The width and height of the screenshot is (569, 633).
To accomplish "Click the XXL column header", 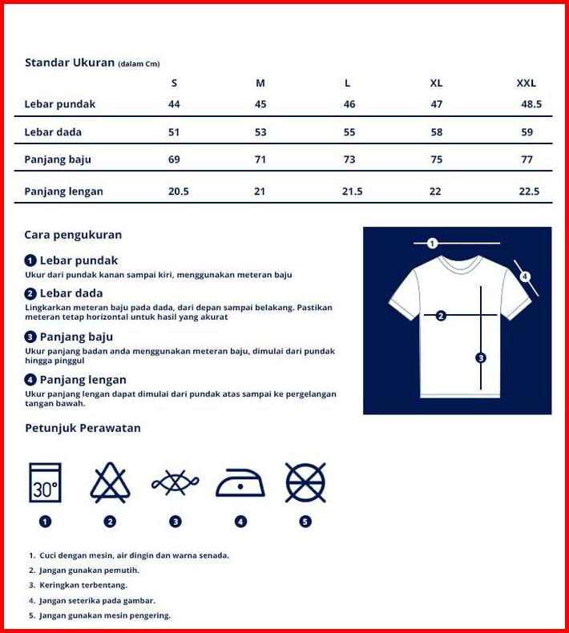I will [x=526, y=83].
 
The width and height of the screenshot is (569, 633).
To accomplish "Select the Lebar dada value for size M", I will [x=260, y=132].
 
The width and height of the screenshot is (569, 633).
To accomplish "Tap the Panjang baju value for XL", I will [x=436, y=159].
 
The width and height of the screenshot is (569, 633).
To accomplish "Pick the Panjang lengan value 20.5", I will [x=179, y=192].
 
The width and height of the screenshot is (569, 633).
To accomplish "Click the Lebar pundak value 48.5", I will [x=531, y=104].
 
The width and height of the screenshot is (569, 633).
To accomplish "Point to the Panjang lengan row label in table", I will [x=64, y=192].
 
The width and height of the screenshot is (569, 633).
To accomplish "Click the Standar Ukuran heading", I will [x=70, y=62].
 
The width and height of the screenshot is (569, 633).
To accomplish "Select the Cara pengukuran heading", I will [x=73, y=235].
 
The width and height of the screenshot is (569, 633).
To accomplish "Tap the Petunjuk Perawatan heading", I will [x=83, y=428].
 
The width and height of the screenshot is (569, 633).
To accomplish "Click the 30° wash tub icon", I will [x=45, y=482].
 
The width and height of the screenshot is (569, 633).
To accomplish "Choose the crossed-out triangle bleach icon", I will [x=110, y=482].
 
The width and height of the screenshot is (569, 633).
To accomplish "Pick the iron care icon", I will [x=240, y=482].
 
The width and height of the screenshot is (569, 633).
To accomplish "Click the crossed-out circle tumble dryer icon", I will [x=305, y=482].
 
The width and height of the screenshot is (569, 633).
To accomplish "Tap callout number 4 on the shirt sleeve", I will [x=524, y=277].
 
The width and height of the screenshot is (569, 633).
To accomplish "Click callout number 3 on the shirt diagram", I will [x=481, y=358].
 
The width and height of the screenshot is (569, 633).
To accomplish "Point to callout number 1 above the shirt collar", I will [x=432, y=243].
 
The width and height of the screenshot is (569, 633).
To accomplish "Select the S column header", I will [x=174, y=83].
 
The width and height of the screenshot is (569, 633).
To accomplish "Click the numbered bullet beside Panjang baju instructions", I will [x=30, y=337].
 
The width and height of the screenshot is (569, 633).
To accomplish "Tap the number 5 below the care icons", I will [x=305, y=522].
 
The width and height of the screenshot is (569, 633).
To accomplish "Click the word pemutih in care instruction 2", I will [x=123, y=571].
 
